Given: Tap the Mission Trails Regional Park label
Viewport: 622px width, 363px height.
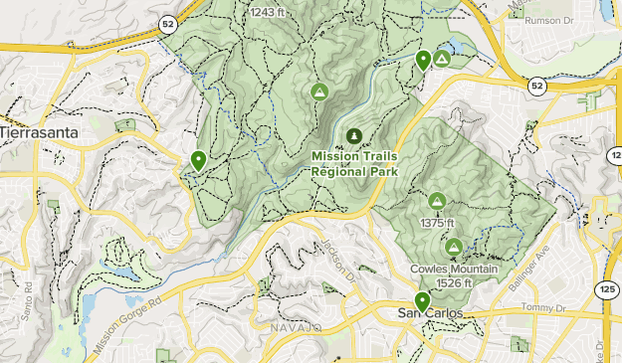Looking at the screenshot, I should (354, 163).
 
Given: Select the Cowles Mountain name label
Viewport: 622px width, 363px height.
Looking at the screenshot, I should (453, 270).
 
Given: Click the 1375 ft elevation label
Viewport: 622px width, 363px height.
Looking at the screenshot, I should (437, 223).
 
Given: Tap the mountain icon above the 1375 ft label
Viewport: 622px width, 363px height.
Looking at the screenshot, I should (437, 202).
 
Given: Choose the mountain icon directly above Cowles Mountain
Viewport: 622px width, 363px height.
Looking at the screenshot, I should (454, 247).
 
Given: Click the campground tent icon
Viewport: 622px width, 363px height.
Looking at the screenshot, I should (442, 60).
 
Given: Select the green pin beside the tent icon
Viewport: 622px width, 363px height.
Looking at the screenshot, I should (423, 60).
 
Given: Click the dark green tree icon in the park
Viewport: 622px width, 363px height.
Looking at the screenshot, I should (352, 135).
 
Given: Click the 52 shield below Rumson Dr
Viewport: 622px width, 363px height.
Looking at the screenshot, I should (537, 87).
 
